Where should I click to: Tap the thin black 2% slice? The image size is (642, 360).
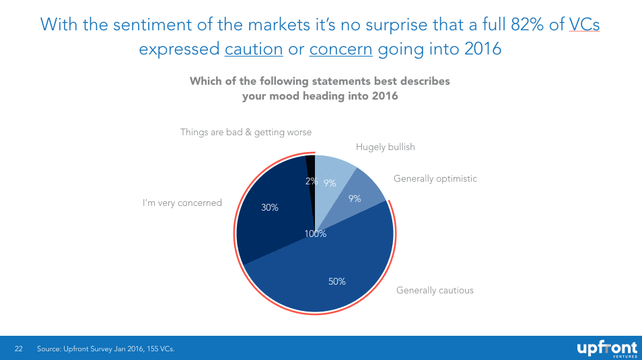click(310, 168)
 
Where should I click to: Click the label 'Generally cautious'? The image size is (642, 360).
click(435, 291)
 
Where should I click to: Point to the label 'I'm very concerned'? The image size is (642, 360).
click(182, 203)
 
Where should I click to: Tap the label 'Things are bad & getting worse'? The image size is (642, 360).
click(246, 133)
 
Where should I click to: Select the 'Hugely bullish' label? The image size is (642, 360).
click(385, 147)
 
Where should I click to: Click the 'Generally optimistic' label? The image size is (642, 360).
click(435, 179)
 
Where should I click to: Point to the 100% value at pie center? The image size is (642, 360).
click(315, 234)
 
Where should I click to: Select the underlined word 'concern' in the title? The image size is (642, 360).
click(341, 49)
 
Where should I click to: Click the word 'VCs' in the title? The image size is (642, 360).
click(584, 24)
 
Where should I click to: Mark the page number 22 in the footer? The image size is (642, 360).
click(19, 349)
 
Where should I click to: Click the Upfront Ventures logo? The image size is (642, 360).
click(605, 349)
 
